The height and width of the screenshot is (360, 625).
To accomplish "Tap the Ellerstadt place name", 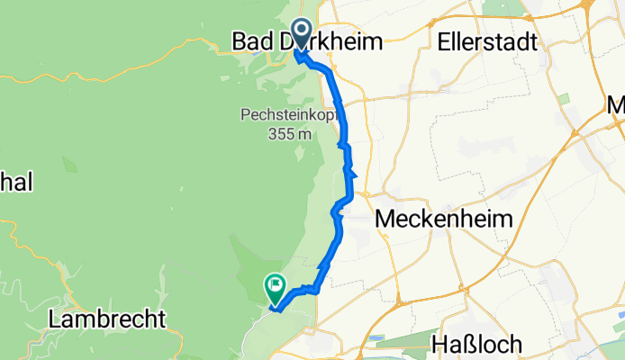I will (487, 40).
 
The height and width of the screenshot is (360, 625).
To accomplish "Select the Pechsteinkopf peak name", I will (288, 115).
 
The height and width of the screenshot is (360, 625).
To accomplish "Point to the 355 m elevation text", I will (288, 133).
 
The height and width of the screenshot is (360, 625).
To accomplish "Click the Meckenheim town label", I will (443, 218).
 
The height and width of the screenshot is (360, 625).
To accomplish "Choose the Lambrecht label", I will (106, 319).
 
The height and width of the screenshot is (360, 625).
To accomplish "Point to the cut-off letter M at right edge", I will (616, 106).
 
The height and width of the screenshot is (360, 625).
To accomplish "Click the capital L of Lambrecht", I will (55, 319).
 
